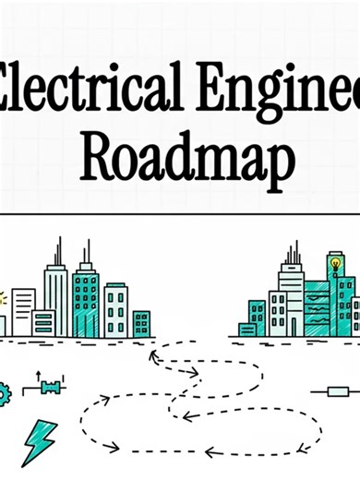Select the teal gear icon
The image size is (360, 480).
(4, 391)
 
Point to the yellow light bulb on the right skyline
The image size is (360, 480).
(335, 264)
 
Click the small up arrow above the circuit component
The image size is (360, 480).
(38, 377)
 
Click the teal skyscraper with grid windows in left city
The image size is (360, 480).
(86, 300)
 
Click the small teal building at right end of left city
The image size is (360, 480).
(141, 323)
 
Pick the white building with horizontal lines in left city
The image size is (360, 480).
(23, 311)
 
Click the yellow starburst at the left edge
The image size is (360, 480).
(3, 298)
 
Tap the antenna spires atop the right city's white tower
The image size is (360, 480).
(294, 251)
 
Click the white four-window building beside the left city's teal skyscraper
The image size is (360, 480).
(116, 310)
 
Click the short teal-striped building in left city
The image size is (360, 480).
(43, 322)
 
